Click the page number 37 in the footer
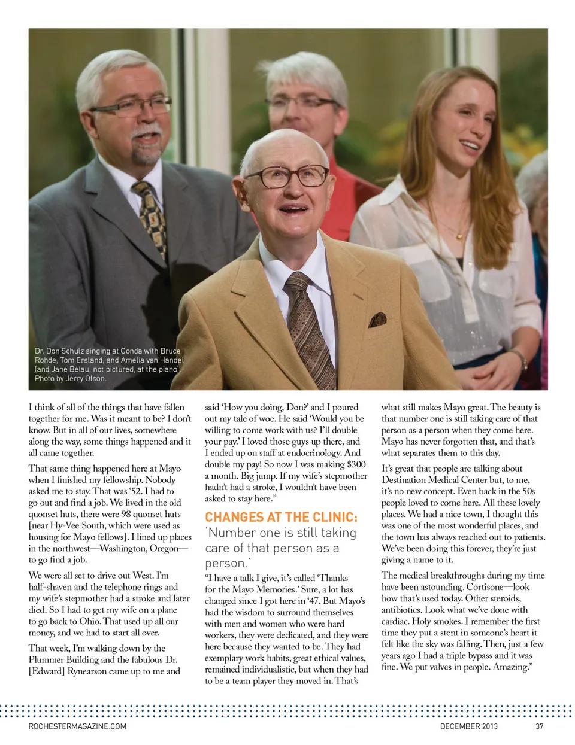point(539,726)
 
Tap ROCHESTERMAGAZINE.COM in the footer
point(77,726)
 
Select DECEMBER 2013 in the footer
point(468,726)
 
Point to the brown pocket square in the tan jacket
point(377,319)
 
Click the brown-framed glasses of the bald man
point(286,178)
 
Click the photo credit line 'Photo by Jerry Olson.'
point(70,379)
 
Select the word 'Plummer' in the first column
point(49,659)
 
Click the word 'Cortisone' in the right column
point(491,586)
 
